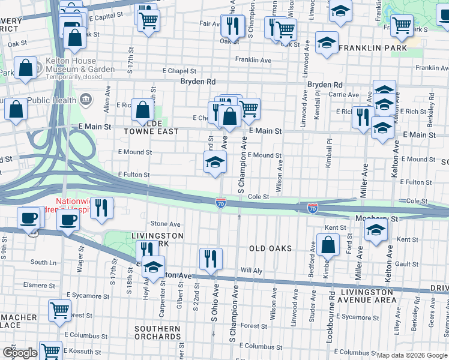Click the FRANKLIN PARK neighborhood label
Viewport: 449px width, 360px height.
pos(372,47)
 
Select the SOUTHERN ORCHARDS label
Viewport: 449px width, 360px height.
pos(157,334)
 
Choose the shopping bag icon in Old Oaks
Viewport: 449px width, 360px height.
pos(328,245)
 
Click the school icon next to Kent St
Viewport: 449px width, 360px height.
pos(376,230)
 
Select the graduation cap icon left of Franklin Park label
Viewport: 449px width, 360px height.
pos(327,43)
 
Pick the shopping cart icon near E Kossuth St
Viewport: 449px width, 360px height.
pos(50,350)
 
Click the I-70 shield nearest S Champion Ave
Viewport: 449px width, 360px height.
pos(221,204)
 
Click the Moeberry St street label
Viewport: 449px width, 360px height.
pos(376,219)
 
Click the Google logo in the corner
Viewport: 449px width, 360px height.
pos(19,353)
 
